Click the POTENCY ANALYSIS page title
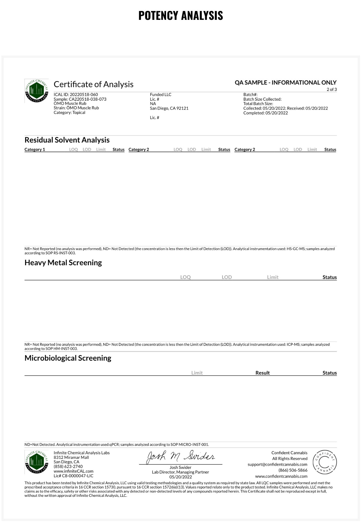click(181, 16)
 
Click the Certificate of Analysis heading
click(93, 84)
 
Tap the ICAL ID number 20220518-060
click(84, 94)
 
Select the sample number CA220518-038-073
click(87, 99)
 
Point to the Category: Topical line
click(69, 112)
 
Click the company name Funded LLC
click(161, 94)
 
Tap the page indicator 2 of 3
click(332, 89)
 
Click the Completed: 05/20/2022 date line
click(265, 113)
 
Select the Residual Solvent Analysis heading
click(67, 140)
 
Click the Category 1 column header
click(35, 150)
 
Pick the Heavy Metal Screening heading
click(63, 263)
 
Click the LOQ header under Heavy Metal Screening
click(185, 277)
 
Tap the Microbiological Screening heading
click(68, 358)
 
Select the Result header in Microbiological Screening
click(263, 373)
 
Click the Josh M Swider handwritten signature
click(181, 457)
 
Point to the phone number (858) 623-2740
click(68, 467)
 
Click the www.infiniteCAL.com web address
click(74, 471)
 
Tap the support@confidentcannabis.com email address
click(277, 464)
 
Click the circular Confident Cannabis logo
click(324, 462)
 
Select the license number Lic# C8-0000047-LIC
click(74, 476)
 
